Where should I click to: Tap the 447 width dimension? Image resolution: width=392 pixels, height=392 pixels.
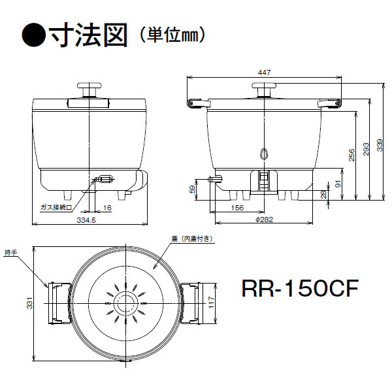pyautogui.click(x=263, y=73)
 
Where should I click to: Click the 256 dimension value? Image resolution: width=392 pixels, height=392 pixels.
pyautogui.click(x=351, y=155)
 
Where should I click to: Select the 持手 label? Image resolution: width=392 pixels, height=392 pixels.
pyautogui.click(x=11, y=251)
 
